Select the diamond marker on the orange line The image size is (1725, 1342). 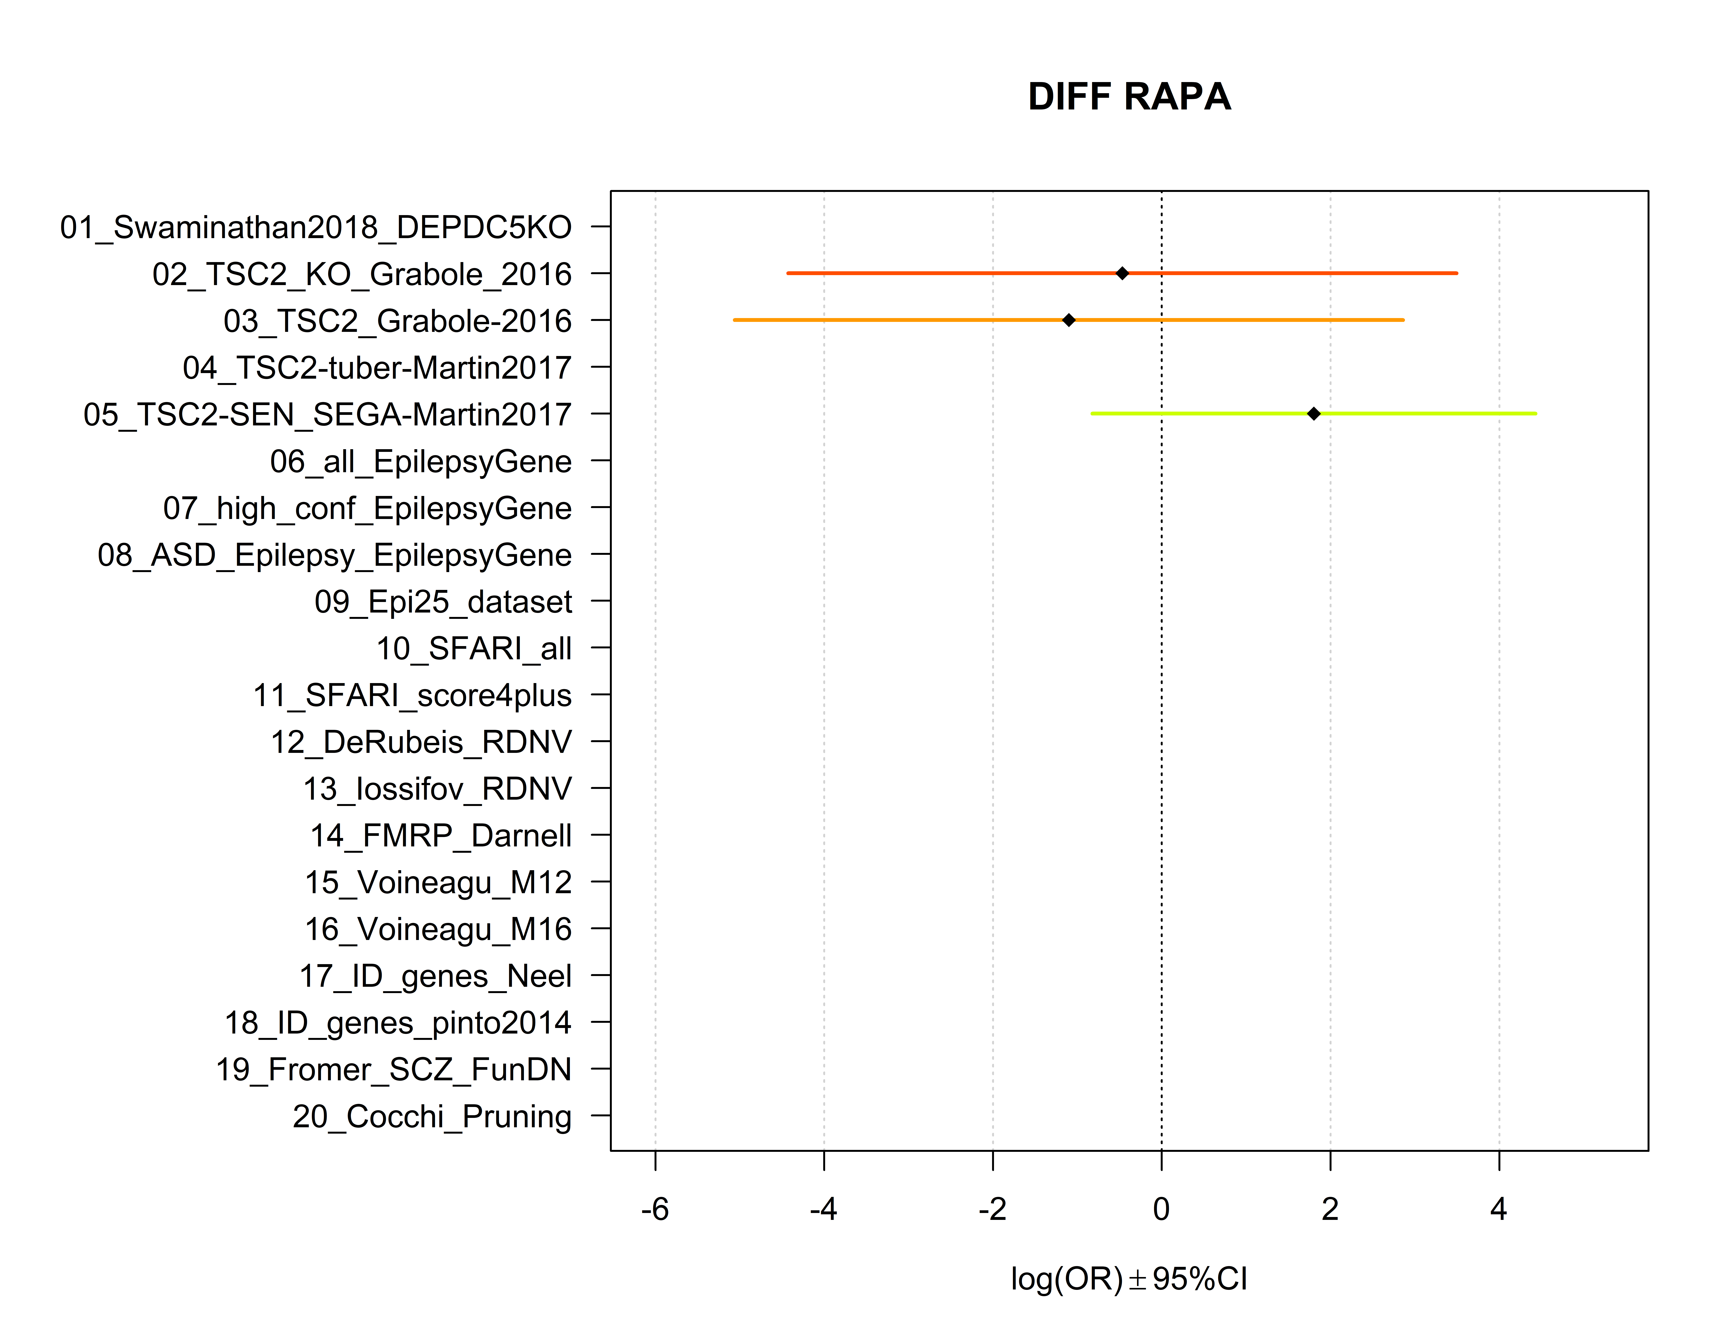[1069, 320]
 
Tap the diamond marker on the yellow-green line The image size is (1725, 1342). [1313, 413]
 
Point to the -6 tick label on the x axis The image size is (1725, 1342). [655, 1209]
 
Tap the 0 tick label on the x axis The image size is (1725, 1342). [1161, 1209]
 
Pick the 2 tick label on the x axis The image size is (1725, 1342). [1330, 1209]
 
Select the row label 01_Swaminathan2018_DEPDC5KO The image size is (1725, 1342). [316, 228]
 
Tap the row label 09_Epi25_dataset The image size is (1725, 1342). [443, 602]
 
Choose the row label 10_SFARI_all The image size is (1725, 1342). [474, 649]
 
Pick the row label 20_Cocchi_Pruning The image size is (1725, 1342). [432, 1116]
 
